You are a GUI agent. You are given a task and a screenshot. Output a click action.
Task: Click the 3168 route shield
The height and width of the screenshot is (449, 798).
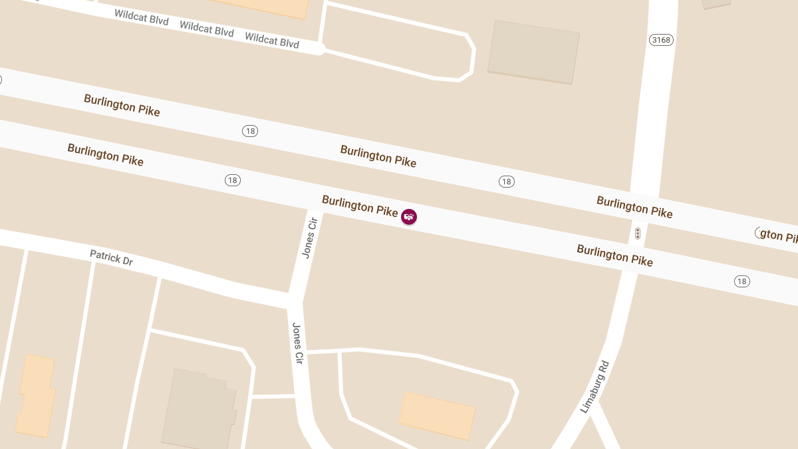point(661,40)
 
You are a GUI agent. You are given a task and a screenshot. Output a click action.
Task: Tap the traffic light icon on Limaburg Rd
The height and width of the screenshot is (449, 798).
point(637,233)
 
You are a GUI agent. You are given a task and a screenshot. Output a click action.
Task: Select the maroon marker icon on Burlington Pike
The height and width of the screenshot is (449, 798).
point(409,216)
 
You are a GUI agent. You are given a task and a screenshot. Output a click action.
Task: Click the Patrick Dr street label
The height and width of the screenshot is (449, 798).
point(111,257)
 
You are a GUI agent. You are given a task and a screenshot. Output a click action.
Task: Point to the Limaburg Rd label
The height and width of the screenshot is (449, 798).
point(595,387)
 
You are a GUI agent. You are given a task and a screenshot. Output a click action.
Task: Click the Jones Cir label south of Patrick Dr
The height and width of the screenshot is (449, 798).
point(298,343)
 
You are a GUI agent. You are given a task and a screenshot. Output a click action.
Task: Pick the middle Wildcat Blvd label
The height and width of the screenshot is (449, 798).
point(207,29)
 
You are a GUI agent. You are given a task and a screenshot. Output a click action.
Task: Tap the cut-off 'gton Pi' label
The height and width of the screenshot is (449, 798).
point(778,235)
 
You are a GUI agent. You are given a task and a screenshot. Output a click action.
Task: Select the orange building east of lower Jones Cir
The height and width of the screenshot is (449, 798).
point(437,415)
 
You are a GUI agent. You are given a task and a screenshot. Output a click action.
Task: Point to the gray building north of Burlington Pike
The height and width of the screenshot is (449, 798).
point(533,52)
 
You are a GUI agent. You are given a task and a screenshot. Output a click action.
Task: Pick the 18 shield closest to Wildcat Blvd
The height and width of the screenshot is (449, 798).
point(250,131)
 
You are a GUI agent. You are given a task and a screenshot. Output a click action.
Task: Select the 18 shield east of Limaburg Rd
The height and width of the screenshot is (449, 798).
point(742,281)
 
